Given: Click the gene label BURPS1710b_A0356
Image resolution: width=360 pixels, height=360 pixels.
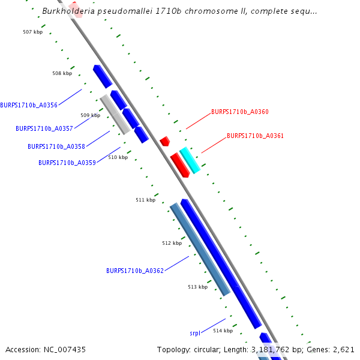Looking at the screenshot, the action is pos(29,105).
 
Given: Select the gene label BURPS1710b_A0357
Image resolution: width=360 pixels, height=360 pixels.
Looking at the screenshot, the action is pos(44,128).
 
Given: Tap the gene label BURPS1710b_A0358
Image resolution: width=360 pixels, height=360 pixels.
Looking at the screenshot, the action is pos(56,146).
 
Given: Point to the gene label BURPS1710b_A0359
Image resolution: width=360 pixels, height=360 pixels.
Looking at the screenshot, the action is pos(67,163).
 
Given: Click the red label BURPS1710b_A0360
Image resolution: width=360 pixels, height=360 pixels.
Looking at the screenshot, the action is pos(240,112).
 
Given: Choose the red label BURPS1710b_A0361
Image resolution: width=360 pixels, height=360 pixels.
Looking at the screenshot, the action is pos(255,136).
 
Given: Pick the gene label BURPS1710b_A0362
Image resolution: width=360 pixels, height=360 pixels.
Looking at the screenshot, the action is pos(135,271).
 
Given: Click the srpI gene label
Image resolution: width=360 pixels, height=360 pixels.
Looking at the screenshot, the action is pos(195,332).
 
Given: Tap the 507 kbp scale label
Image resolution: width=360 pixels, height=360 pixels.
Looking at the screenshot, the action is pos(32,31).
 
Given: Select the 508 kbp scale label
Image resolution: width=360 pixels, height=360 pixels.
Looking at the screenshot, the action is pos(62,73).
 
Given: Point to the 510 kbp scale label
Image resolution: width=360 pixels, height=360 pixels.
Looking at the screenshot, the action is pos(118,157).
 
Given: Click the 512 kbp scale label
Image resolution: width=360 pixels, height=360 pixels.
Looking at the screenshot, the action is pos(172,243).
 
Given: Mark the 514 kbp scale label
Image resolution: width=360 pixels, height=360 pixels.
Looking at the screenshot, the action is pos(223,331).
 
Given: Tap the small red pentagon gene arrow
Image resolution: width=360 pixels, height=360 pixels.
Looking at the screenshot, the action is pos(164,141).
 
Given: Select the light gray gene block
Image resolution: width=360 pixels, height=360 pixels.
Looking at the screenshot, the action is pos(115,114).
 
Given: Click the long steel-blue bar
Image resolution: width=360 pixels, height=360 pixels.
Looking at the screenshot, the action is pos(200,249).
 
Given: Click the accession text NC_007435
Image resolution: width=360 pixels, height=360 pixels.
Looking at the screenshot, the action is pos(62,349).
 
